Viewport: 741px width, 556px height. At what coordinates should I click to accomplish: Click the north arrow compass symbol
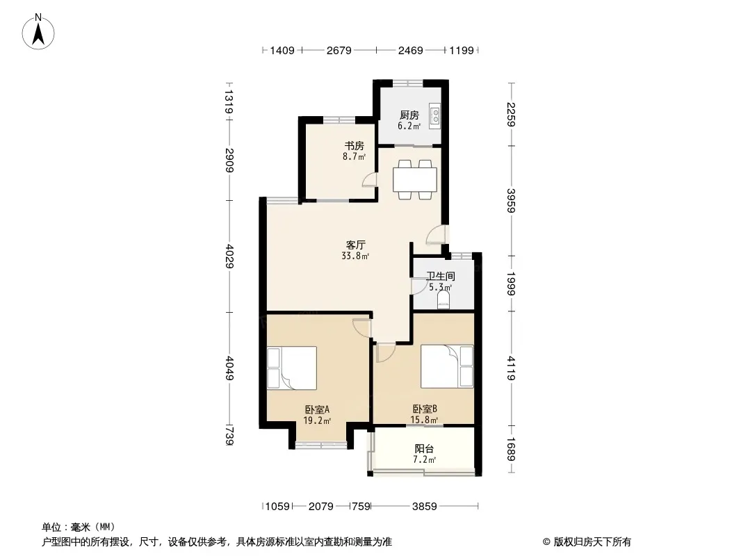pos(38,31)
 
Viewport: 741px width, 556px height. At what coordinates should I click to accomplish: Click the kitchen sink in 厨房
pos(435,116)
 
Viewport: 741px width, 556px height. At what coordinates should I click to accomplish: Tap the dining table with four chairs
pos(414,179)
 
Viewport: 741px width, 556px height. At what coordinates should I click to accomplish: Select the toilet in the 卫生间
pos(443,300)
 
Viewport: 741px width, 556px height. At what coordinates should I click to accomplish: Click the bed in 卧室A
pos(291,368)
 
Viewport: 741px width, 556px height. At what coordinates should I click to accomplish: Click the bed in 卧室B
pos(446,366)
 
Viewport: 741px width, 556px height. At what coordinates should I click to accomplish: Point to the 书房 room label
pos(354,145)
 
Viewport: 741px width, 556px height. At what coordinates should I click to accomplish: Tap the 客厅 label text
pos(355,245)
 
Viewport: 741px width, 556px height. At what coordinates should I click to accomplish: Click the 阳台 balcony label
pos(424,448)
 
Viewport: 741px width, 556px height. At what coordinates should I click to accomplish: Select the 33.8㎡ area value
pos(355,256)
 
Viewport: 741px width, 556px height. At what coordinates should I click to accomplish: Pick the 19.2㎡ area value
pos(316,420)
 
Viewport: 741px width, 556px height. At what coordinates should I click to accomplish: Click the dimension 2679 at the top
pos(339,50)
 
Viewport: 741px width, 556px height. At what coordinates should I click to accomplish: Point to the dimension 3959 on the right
pos(510,200)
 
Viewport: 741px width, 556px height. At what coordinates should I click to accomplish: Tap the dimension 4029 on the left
pos(229,256)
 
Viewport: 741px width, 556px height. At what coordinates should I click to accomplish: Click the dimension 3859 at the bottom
pos(425,507)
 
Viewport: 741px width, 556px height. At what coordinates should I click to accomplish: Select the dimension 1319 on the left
pos(229,101)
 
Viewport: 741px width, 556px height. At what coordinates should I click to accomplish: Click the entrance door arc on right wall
pos(434,235)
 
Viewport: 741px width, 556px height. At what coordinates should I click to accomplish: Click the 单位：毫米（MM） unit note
pos(79,527)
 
